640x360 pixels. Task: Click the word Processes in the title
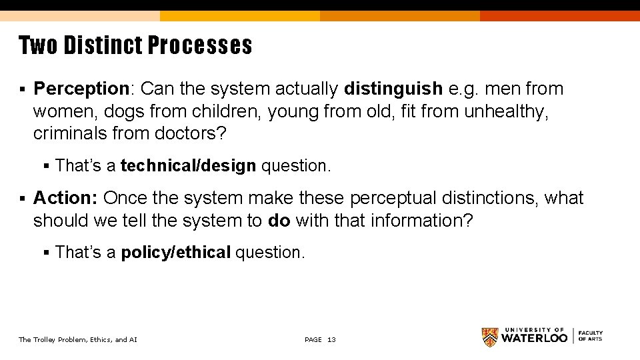click(200, 45)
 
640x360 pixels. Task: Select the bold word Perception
click(80, 89)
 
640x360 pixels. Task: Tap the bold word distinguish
click(393, 89)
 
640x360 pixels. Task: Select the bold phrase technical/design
click(189, 165)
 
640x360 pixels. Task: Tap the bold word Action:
click(66, 198)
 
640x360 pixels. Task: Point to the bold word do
click(279, 221)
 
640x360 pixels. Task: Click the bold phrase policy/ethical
click(176, 252)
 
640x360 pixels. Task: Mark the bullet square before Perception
click(23, 89)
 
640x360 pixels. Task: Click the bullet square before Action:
click(23, 199)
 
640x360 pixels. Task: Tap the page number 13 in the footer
click(331, 340)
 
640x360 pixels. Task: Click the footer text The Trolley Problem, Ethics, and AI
click(78, 340)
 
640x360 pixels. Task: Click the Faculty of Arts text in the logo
click(591, 336)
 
